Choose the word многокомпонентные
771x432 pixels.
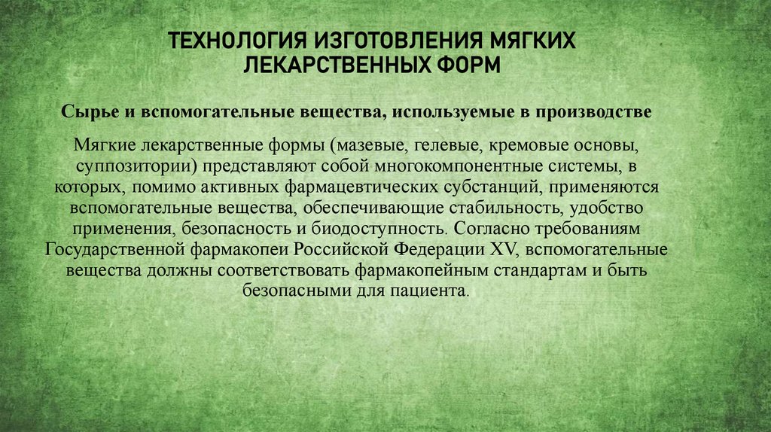450,165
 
